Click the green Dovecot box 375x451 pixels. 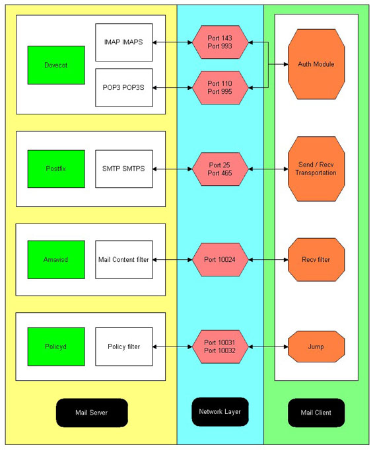click(56, 65)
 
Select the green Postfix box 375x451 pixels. click(56, 169)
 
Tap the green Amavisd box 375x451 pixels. click(56, 260)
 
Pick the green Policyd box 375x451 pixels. click(56, 347)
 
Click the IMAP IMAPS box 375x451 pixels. click(124, 42)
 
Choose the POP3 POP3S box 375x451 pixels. click(124, 88)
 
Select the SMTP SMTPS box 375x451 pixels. click(124, 169)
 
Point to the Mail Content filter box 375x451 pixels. click(124, 260)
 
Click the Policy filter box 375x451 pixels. click(124, 347)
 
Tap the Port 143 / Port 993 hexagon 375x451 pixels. click(220, 42)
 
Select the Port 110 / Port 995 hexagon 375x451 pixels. click(220, 88)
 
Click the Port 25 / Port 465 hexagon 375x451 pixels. click(220, 169)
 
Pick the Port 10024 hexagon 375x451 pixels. click(220, 260)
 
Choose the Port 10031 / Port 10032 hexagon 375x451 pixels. click(220, 347)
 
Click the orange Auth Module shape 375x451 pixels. click(316, 64)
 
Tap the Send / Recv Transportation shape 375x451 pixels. click(316, 169)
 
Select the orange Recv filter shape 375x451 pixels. click(316, 260)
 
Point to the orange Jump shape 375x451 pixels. click(316, 347)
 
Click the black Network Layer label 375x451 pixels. click(220, 412)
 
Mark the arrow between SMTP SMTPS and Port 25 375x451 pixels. click(172, 169)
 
